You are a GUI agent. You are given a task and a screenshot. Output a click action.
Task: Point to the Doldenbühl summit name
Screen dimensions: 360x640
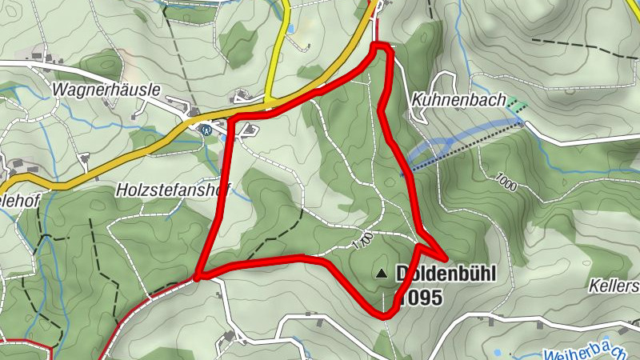coord(446,274)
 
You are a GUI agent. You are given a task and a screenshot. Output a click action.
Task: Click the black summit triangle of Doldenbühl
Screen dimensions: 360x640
coord(381,274)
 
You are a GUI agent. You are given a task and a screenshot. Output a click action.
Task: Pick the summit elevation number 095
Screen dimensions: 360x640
coord(419,298)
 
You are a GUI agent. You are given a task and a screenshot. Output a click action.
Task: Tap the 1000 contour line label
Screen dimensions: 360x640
coord(506,182)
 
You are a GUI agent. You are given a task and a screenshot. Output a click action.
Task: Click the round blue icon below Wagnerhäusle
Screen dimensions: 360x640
coord(206,129)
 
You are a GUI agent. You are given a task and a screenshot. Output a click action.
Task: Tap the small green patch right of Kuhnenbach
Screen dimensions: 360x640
coord(518,104)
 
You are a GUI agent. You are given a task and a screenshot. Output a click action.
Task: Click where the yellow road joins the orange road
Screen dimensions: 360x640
coord(269,102)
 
